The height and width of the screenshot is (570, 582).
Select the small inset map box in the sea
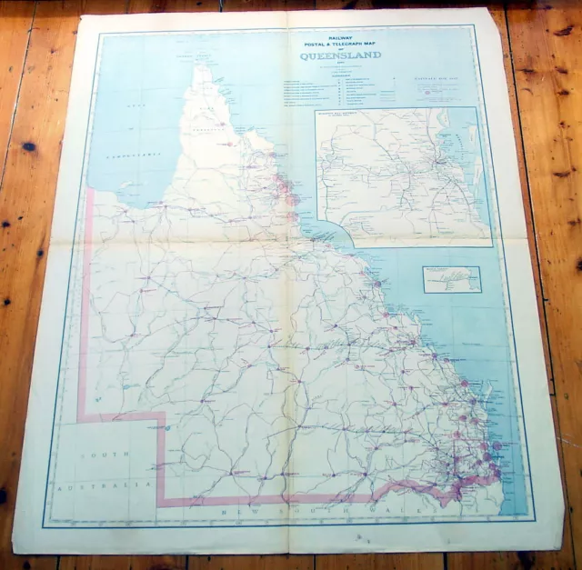[x=451, y=280]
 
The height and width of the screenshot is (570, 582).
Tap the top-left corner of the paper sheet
[x=76, y=13]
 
